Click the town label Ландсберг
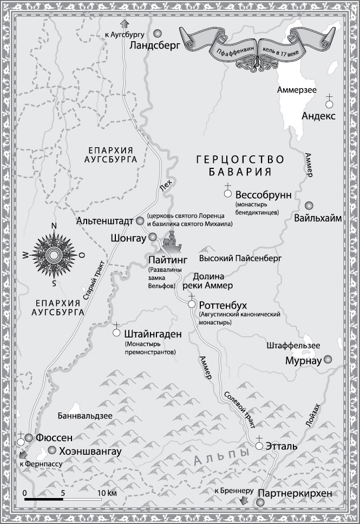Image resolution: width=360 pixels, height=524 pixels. point(155,47)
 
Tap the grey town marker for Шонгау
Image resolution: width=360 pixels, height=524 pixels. point(152,237)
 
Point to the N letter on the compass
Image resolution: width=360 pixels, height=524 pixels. point(53,227)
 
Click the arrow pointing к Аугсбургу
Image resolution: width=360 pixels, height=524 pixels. point(125,23)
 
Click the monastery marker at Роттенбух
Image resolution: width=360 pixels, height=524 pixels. point(191,304)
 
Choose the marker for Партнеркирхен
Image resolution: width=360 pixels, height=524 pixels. point(260,503)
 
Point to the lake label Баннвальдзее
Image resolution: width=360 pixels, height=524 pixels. point(85,416)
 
